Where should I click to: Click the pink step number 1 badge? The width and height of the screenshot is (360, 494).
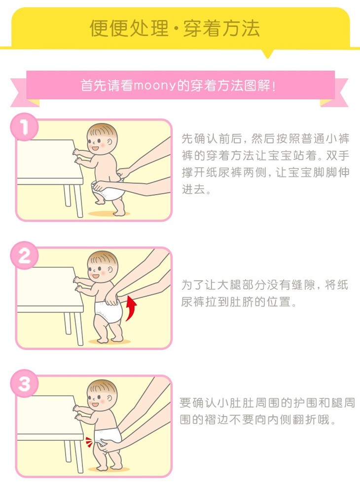(x=25, y=127)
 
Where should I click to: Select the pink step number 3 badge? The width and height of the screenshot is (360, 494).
(x=25, y=384)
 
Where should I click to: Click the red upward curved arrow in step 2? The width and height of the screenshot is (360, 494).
(x=132, y=308)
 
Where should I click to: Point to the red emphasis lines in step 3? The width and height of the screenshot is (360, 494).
(x=89, y=442)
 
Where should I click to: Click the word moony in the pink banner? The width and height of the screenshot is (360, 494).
(x=154, y=85)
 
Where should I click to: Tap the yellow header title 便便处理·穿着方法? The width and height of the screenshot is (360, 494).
(x=174, y=29)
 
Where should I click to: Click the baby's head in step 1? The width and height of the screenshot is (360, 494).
(x=102, y=139)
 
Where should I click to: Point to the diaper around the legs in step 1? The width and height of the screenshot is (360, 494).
(x=107, y=191)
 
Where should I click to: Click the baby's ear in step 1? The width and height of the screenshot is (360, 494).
(x=109, y=142)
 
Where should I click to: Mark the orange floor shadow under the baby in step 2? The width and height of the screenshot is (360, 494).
(x=109, y=342)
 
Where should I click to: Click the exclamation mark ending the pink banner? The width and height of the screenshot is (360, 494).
(x=273, y=86)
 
